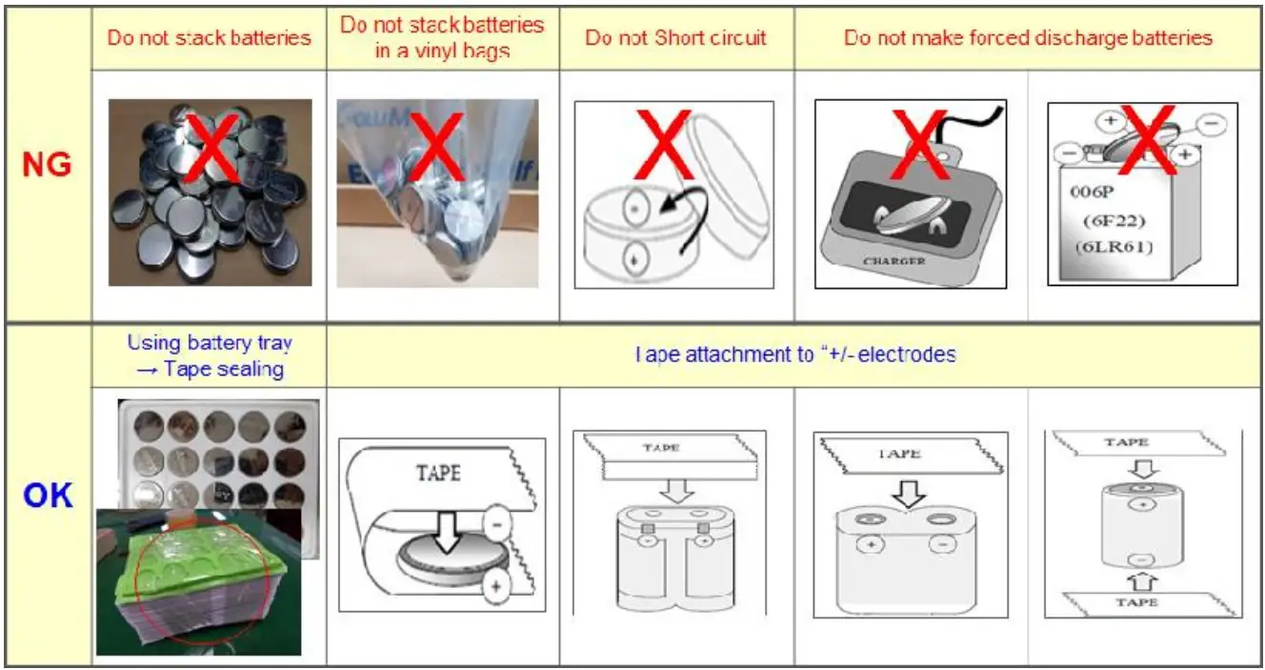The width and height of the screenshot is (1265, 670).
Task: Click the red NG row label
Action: [47, 164]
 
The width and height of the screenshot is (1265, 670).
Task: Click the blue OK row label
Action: [47, 497]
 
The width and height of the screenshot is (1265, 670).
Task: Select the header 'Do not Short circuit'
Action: [676, 39]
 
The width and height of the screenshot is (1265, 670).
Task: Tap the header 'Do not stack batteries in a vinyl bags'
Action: [442, 37]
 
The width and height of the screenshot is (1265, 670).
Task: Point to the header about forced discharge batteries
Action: [1028, 38]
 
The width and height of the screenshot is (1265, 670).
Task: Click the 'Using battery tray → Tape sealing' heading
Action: [210, 355]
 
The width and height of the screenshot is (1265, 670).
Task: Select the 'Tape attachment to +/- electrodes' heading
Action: [794, 355]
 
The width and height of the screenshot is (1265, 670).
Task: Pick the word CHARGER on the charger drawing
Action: [893, 260]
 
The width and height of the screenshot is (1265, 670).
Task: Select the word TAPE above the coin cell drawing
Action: [438, 474]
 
